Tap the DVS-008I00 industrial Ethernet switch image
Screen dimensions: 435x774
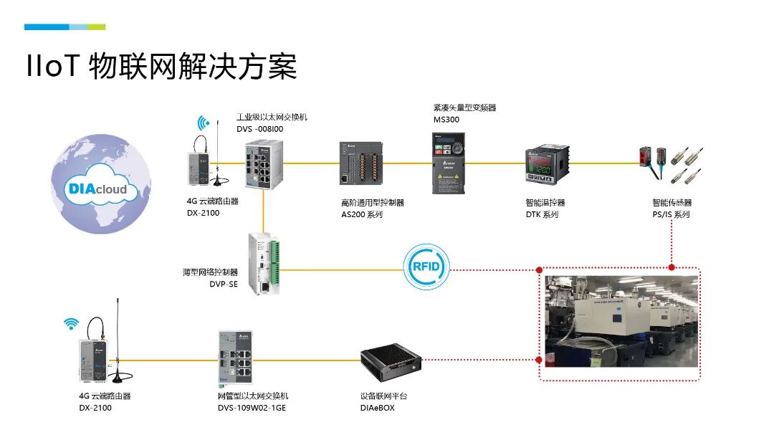pos(263,164)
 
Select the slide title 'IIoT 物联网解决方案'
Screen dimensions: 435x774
pos(161,67)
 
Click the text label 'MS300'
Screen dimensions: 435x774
pos(446,120)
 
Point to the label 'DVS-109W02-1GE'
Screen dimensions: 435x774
pos(252,408)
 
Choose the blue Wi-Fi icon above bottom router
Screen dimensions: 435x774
pos(71,324)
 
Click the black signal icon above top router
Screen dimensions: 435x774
pos(204,123)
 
